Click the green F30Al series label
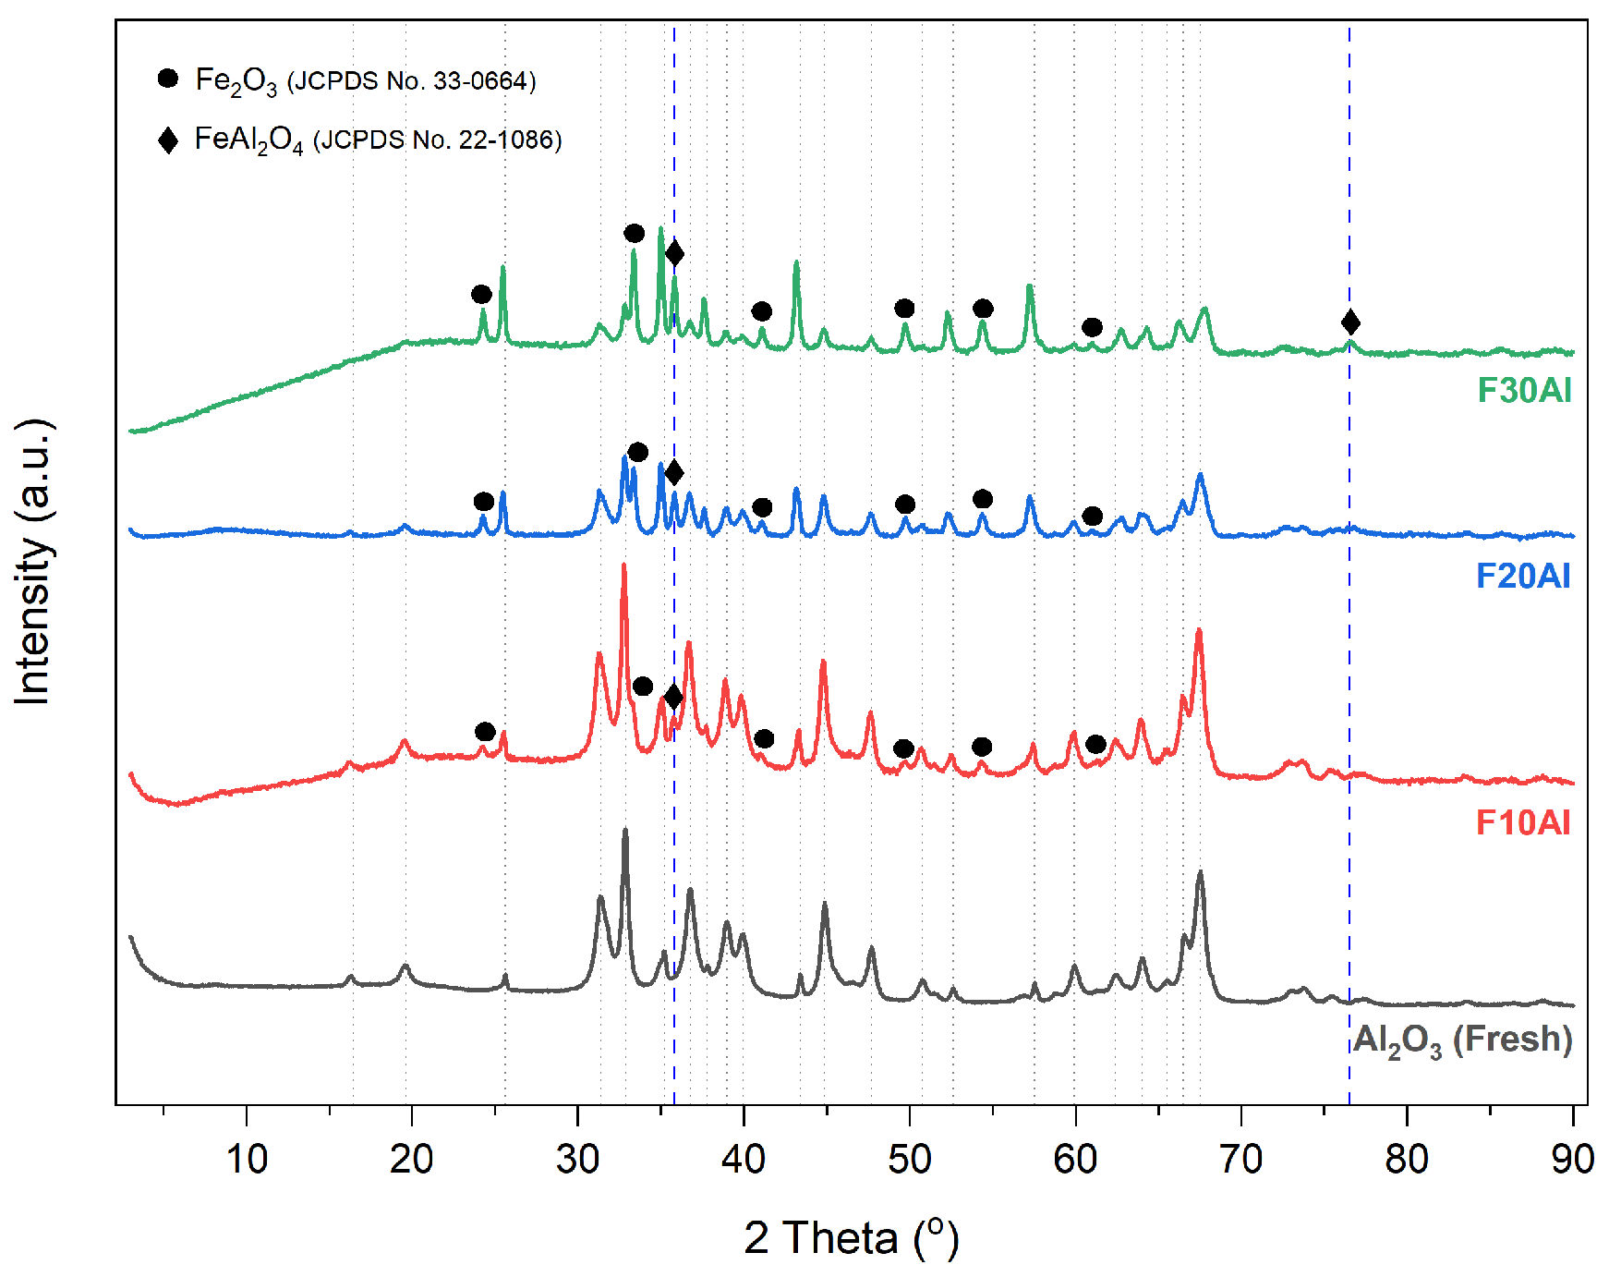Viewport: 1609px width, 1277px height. coord(1524,391)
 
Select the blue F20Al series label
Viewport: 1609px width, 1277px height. coord(1523,577)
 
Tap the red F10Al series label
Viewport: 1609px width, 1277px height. coord(1523,822)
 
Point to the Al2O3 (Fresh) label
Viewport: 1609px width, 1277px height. coord(1463,1040)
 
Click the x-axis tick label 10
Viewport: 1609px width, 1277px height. coord(247,1159)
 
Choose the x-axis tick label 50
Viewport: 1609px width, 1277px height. coord(910,1159)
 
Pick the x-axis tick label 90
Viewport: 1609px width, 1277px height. coord(1572,1159)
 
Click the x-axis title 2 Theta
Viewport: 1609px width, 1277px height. coord(851,1238)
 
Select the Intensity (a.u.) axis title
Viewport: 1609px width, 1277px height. coord(33,562)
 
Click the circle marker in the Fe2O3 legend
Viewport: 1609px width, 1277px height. coord(168,79)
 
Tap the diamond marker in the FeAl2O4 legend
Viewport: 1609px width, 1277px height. coord(168,140)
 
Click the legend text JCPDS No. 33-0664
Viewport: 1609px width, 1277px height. coord(412,82)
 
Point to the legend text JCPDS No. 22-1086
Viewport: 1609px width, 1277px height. coord(438,140)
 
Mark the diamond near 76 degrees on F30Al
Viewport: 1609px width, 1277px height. coord(1350,322)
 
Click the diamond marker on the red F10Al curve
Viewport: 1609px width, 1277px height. coord(674,697)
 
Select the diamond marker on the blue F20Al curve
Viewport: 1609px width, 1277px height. coord(674,473)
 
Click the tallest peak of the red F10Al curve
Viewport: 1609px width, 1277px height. coord(623,566)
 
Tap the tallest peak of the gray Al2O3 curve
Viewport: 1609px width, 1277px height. coord(624,831)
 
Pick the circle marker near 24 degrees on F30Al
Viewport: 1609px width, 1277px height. coord(481,295)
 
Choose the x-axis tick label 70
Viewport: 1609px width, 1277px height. coord(1241,1159)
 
